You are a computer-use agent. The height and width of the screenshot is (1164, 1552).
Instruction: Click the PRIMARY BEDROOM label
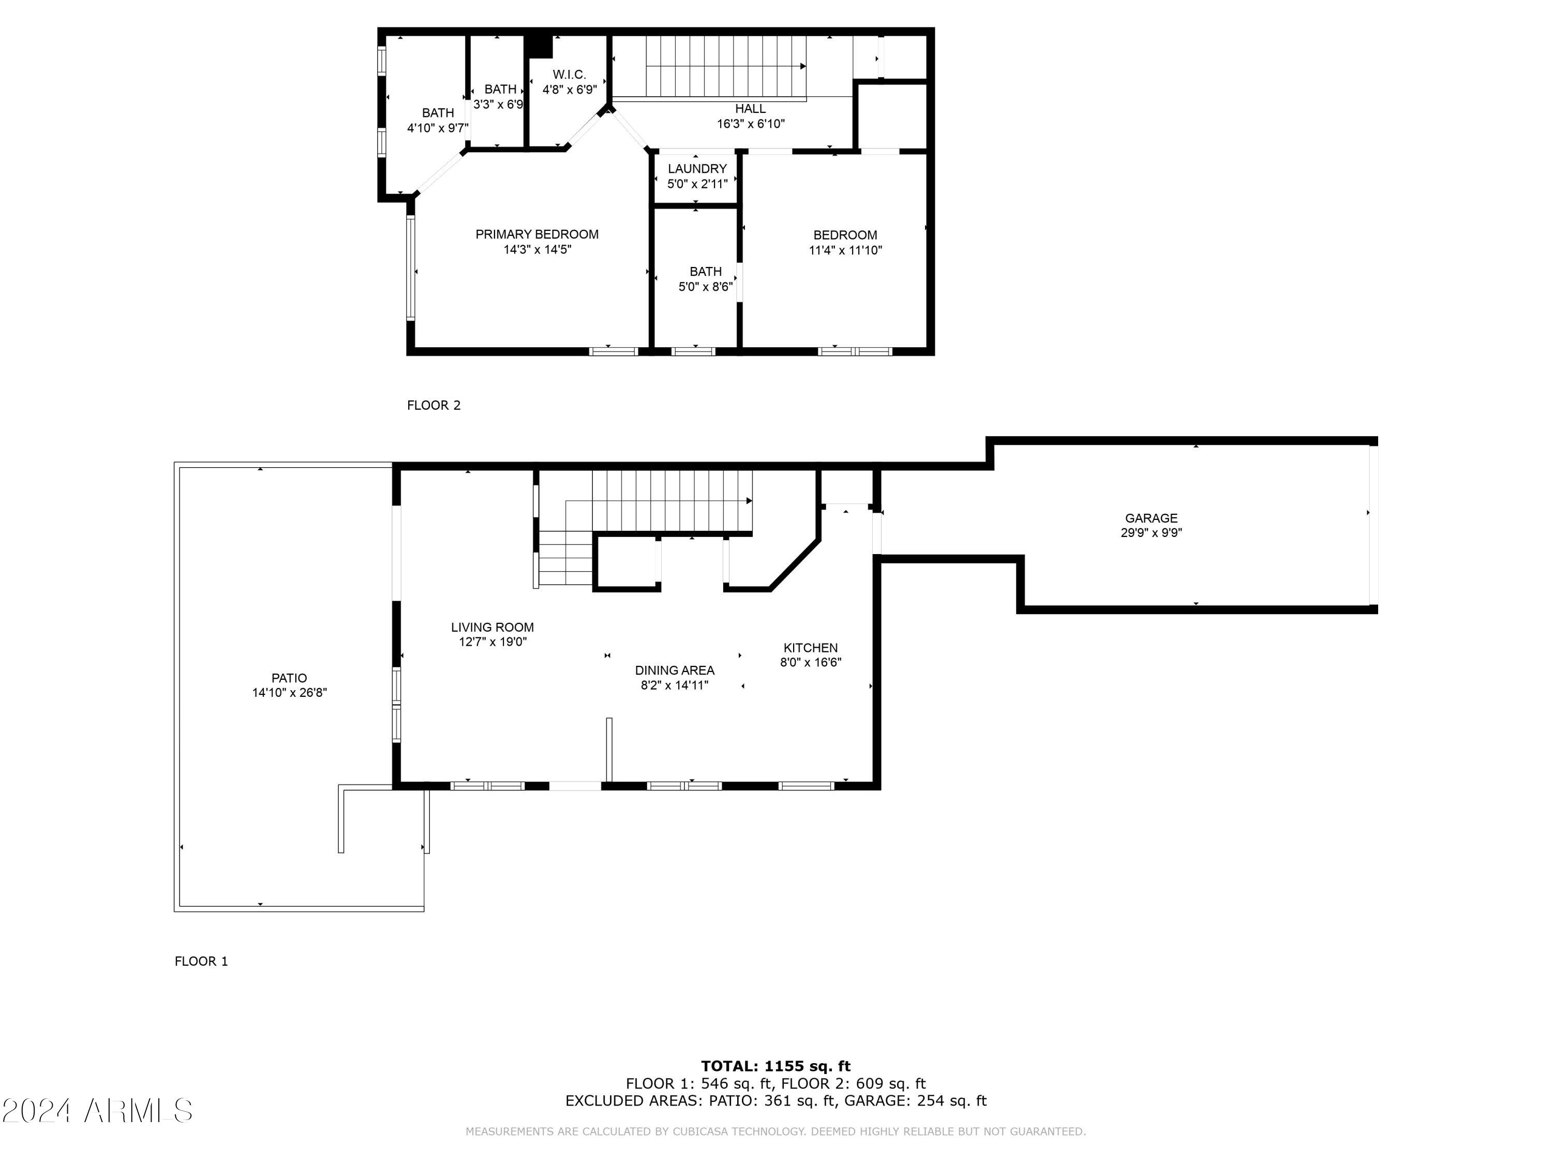click(537, 234)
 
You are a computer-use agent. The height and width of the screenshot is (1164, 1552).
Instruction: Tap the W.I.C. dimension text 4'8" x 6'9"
click(569, 90)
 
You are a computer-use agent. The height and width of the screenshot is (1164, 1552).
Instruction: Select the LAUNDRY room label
click(697, 169)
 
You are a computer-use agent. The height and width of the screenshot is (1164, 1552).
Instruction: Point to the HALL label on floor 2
click(750, 109)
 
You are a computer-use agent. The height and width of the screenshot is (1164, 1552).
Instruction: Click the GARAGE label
click(1151, 518)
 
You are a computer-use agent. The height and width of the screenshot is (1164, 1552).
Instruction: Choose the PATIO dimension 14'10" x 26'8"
click(289, 693)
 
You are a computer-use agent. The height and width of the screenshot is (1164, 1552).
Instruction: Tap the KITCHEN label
click(810, 648)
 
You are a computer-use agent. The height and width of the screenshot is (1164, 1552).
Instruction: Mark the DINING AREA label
click(674, 671)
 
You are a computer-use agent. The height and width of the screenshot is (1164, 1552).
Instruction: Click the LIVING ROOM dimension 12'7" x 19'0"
click(493, 642)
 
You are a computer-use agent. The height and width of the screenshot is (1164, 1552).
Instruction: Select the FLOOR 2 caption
click(434, 406)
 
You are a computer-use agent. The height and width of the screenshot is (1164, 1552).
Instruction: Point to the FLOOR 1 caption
click(201, 962)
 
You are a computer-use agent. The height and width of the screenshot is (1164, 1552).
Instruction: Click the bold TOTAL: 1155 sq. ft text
click(775, 1066)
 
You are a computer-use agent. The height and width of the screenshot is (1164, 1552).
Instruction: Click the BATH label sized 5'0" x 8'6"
click(705, 272)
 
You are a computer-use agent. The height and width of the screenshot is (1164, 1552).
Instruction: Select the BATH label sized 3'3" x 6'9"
click(500, 89)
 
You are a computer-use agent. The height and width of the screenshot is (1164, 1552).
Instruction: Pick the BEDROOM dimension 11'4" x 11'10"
click(845, 250)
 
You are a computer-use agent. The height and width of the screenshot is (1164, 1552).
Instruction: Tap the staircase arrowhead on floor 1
click(749, 501)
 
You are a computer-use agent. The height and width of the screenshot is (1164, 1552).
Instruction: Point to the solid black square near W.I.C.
click(540, 47)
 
